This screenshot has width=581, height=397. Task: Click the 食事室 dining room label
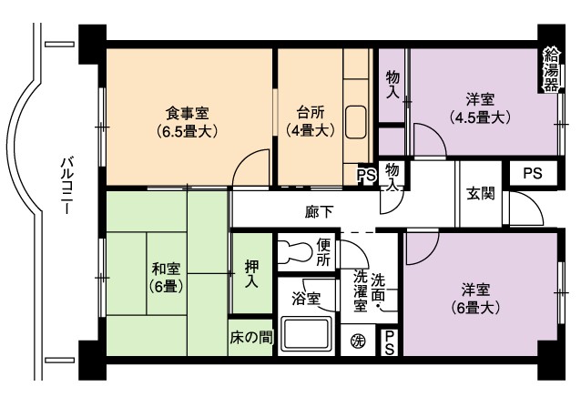pyautogui.click(x=187, y=122)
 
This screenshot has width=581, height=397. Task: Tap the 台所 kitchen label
pyautogui.click(x=311, y=121)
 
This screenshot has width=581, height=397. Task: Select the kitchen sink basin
pyautogui.click(x=356, y=122)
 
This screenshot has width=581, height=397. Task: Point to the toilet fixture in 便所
pyautogui.click(x=294, y=251)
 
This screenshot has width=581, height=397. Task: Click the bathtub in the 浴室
pyautogui.click(x=306, y=333)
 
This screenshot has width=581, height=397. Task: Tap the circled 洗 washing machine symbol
pyautogui.click(x=358, y=341)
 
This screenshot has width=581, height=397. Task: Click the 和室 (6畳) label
pyautogui.click(x=167, y=278)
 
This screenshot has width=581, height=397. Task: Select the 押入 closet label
pyautogui.click(x=252, y=274)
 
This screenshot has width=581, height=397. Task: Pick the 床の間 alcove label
pyautogui.click(x=251, y=338)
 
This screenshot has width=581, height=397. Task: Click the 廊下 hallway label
pyautogui.click(x=320, y=212)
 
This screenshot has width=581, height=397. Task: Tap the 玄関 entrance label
pyautogui.click(x=481, y=194)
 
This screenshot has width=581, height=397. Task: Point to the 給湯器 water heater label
pyautogui.click(x=551, y=71)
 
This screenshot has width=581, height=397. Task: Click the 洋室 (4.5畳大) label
pyautogui.click(x=480, y=108)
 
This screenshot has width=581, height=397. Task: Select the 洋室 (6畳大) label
pyautogui.click(x=475, y=299)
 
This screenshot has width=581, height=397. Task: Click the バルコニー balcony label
pyautogui.click(x=67, y=186)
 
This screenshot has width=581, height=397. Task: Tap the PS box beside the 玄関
pyautogui.click(x=534, y=173)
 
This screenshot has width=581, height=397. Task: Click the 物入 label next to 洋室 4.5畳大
pyautogui.click(x=393, y=85)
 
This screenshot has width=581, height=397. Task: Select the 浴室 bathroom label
pyautogui.click(x=306, y=299)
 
